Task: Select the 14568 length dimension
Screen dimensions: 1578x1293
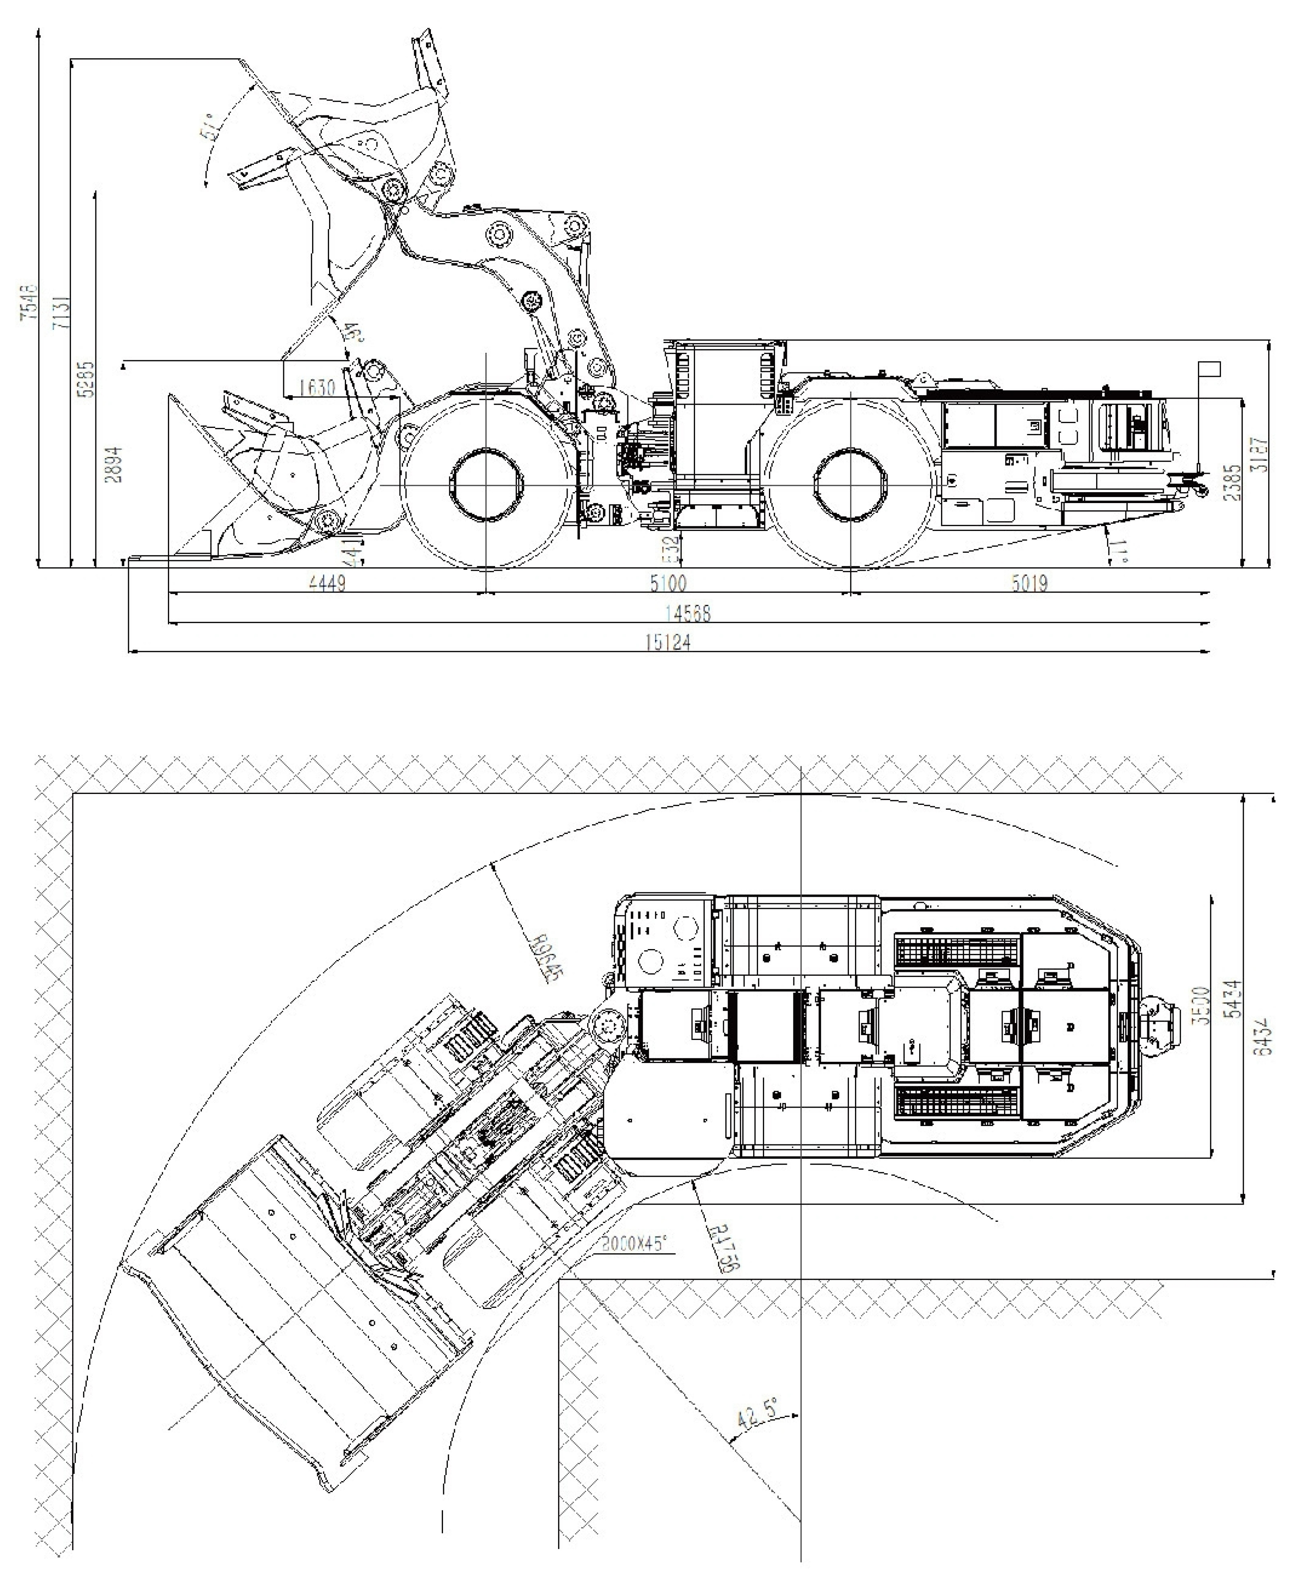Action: coord(687,613)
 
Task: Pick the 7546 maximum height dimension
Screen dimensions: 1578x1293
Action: coord(27,301)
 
